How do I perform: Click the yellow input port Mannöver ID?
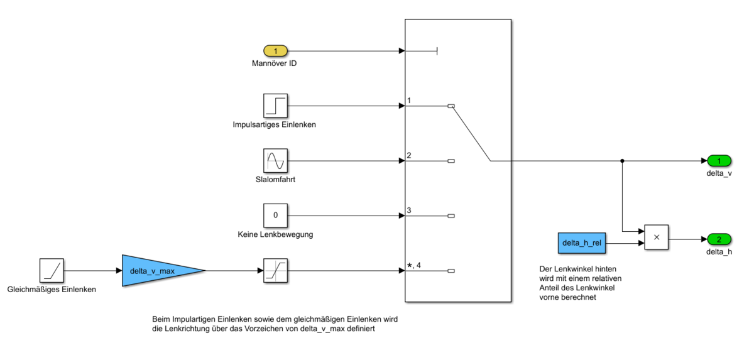click(x=275, y=51)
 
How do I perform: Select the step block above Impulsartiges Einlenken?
click(x=275, y=106)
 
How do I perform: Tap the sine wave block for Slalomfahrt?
click(x=275, y=161)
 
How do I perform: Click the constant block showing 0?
click(x=275, y=215)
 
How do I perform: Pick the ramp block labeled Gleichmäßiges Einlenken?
click(x=52, y=271)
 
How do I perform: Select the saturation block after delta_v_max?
click(x=275, y=271)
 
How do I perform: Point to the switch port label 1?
click(x=409, y=101)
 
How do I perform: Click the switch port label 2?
click(x=409, y=155)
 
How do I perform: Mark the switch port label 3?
click(x=409, y=210)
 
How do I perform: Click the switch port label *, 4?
click(x=414, y=265)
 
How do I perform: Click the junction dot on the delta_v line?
click(x=622, y=161)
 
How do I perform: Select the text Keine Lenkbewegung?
click(x=275, y=235)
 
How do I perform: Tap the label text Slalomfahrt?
click(x=275, y=180)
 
